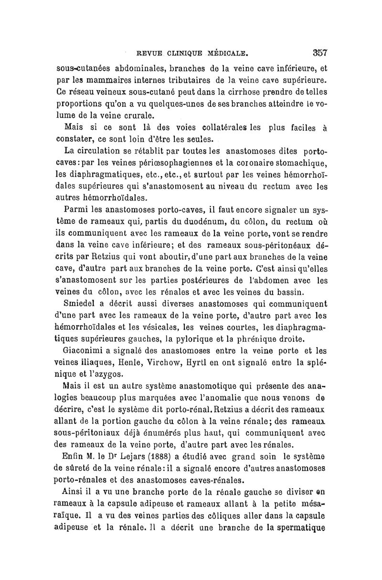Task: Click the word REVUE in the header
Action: (x=150, y=53)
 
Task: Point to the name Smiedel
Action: (x=82, y=302)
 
